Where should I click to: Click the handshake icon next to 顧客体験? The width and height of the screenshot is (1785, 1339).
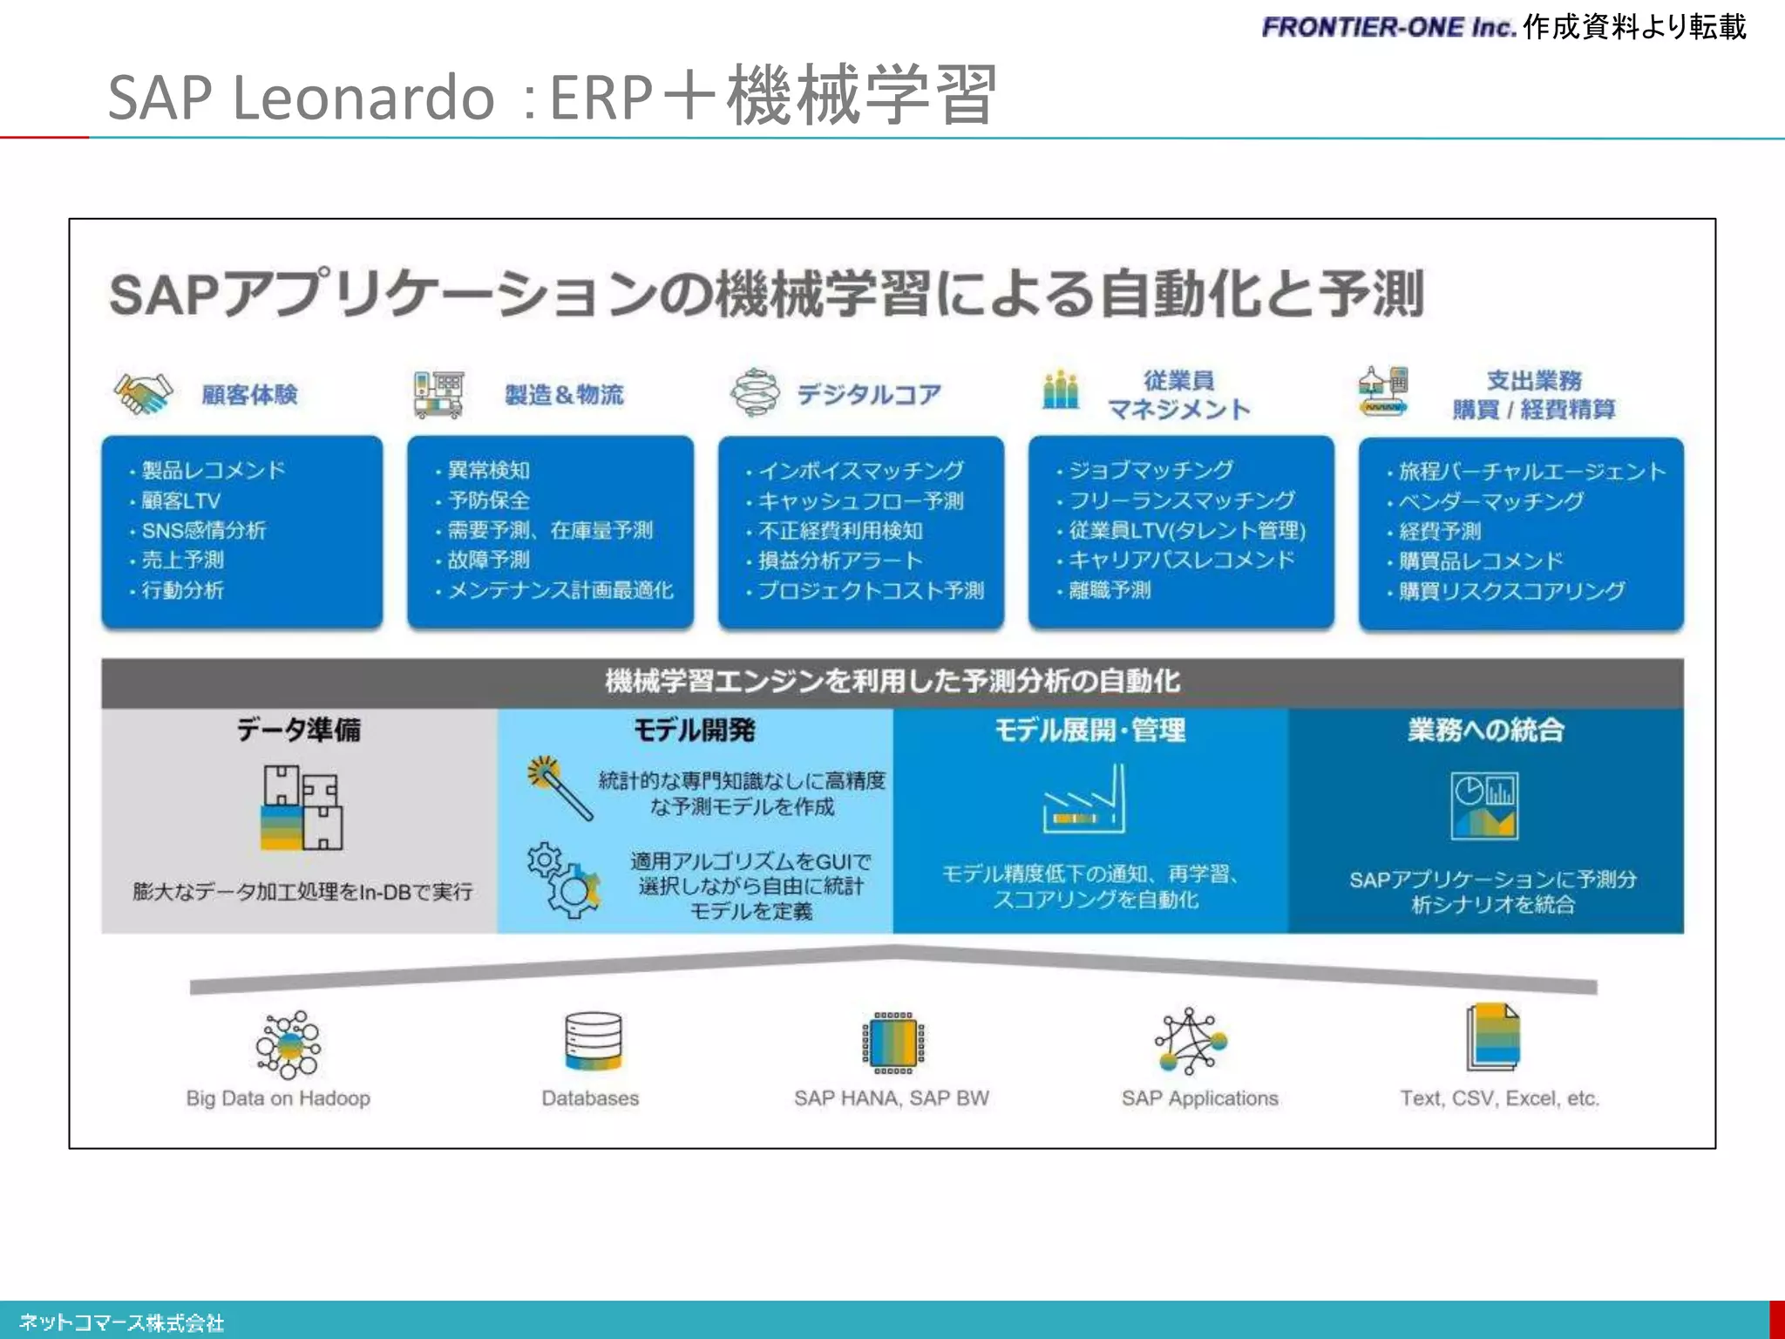click(143, 394)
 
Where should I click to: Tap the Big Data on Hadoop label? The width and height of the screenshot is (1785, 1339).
click(278, 1098)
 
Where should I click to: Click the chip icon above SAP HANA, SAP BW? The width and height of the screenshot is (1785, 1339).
click(893, 1043)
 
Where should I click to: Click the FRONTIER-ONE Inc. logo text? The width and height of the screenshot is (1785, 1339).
click(1389, 28)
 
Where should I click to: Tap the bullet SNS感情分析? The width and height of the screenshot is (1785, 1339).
click(203, 531)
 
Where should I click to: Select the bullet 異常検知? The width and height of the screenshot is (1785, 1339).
click(488, 471)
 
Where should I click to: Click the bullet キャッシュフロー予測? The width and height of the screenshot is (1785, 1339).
click(860, 501)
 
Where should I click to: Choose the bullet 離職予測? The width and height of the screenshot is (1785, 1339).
click(1109, 591)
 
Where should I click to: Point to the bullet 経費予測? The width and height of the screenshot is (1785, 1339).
click(1439, 532)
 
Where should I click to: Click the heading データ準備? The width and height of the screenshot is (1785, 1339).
click(299, 730)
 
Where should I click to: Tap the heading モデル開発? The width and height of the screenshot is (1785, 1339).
click(694, 730)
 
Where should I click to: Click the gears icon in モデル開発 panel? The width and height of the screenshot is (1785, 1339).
click(564, 880)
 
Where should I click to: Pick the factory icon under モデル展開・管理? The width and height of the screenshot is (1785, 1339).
click(1084, 799)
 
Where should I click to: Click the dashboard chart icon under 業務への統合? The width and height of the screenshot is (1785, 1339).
click(1484, 805)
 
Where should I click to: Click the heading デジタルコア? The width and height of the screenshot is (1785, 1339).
click(869, 395)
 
